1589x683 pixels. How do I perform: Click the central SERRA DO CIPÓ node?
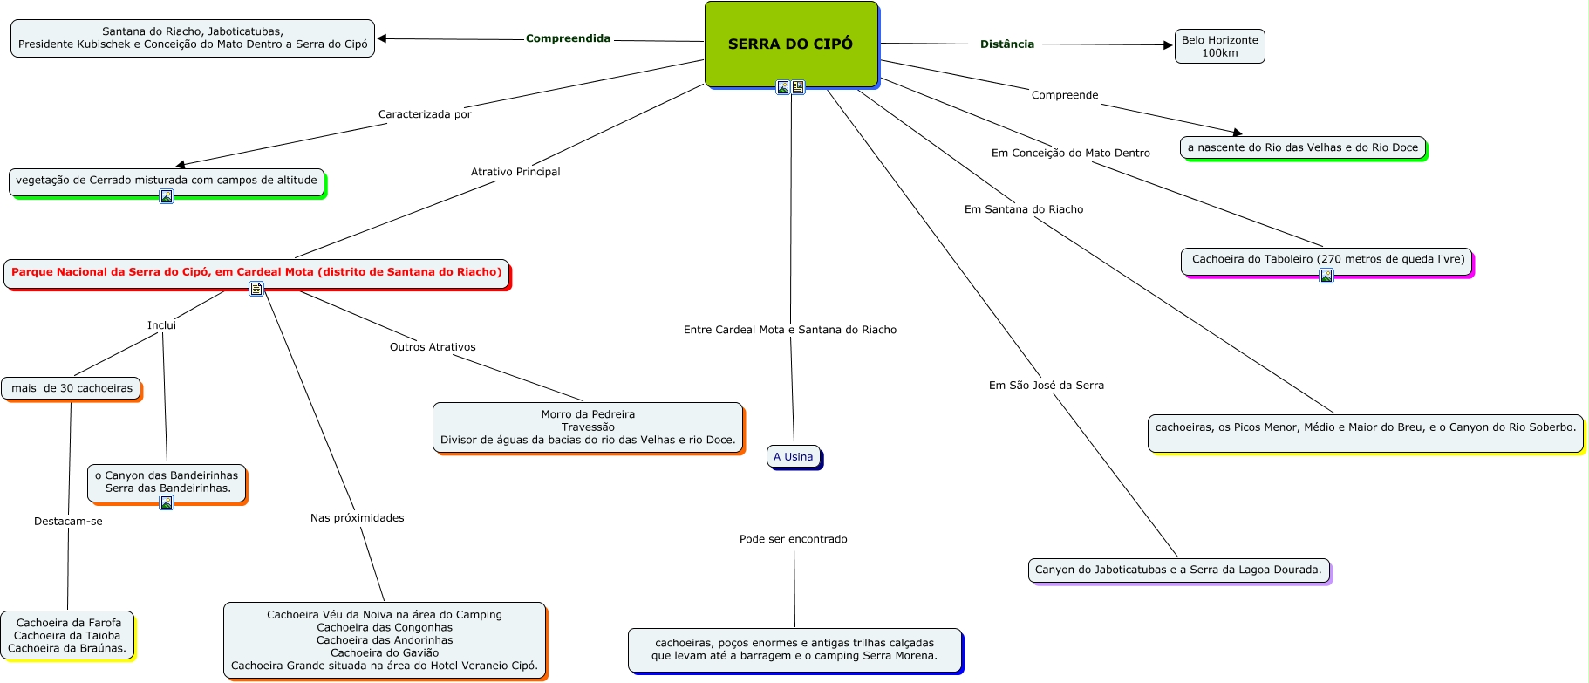[x=790, y=44]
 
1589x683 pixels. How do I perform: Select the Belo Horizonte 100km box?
[x=1219, y=46]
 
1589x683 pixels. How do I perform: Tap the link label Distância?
[x=1006, y=44]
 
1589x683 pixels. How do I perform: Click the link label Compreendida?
[x=568, y=38]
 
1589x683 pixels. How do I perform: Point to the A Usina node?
[x=793, y=457]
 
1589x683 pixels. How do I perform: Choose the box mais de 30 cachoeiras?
[x=72, y=388]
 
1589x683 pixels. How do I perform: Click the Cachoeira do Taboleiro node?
[x=1327, y=259]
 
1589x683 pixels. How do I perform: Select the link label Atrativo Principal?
[x=515, y=172]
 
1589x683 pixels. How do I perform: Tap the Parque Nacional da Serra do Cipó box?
[x=256, y=272]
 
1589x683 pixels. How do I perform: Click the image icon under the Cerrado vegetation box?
[x=167, y=196]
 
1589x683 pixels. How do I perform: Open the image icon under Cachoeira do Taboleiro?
[x=1326, y=276]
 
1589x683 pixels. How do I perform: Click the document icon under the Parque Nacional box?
[x=256, y=289]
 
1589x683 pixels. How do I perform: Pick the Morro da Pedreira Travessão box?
[x=588, y=427]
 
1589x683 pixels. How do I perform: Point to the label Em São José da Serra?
[x=1046, y=386]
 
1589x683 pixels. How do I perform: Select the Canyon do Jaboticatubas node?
[x=1178, y=570]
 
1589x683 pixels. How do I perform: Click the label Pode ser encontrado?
[x=793, y=539]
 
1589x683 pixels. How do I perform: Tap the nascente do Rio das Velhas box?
[x=1303, y=147]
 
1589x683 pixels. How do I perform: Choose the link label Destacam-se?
[x=68, y=522]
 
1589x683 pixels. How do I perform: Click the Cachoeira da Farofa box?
[x=68, y=635]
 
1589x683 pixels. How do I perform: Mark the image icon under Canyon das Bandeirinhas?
[x=167, y=502]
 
